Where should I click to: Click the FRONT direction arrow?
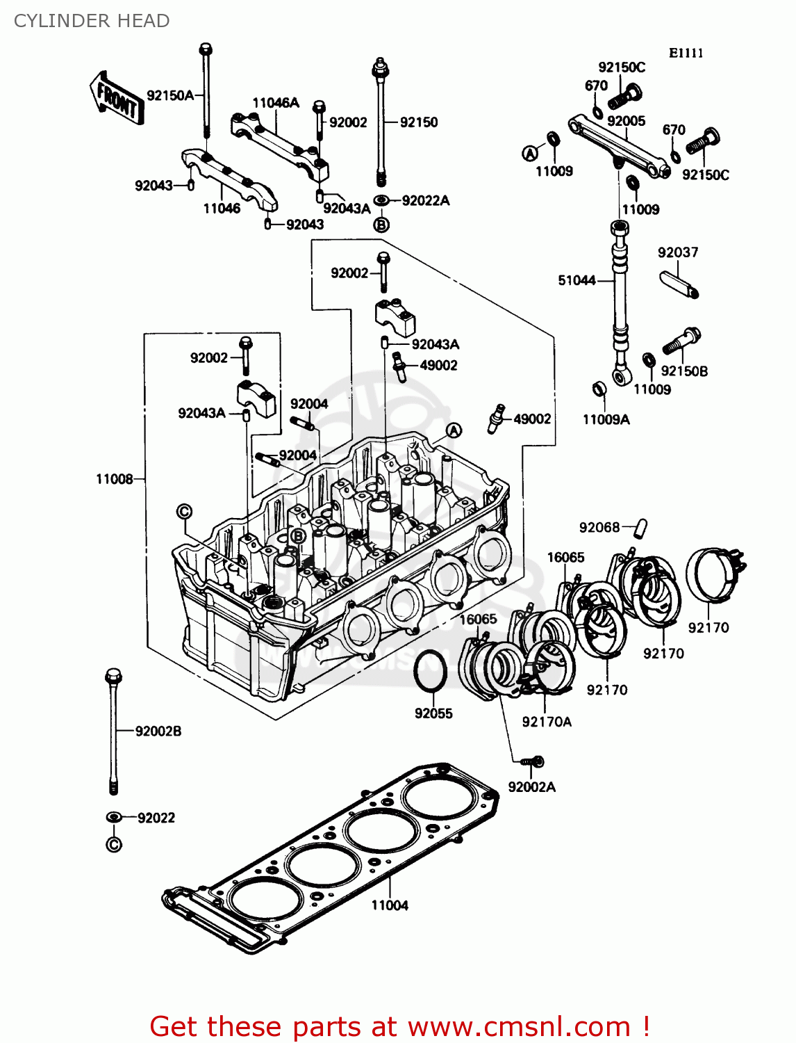(116, 98)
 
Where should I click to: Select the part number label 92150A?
(170, 95)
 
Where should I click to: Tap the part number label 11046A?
(275, 103)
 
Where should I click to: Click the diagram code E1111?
(686, 54)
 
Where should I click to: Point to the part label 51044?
(577, 280)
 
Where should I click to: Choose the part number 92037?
(677, 252)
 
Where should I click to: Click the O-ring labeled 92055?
(431, 672)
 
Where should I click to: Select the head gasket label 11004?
(389, 905)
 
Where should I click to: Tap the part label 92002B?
(158, 731)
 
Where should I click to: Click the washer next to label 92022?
(114, 817)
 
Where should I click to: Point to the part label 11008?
(114, 479)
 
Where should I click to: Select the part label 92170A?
(547, 722)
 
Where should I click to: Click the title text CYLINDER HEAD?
(92, 21)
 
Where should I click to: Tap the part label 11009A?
(606, 419)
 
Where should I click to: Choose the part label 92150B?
(684, 371)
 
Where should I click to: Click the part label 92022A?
(425, 200)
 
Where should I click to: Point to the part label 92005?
(626, 121)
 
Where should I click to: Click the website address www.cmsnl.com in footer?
(519, 1026)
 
